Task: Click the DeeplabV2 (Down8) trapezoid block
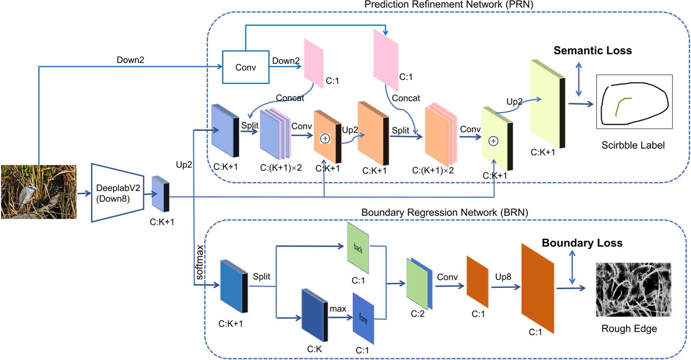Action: click(x=117, y=193)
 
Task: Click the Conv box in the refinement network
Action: click(x=245, y=67)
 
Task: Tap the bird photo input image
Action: click(x=39, y=192)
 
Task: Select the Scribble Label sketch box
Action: click(x=634, y=102)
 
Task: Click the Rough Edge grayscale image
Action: click(x=633, y=289)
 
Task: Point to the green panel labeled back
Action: click(x=358, y=248)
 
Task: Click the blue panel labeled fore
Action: click(x=363, y=319)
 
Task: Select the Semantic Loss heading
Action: click(x=592, y=51)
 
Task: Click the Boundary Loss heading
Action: click(x=582, y=243)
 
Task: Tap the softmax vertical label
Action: click(x=200, y=262)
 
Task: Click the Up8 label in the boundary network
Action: click(x=503, y=277)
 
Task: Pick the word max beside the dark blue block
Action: click(x=338, y=309)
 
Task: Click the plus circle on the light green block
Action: click(x=493, y=141)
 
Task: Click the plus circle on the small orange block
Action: click(x=325, y=139)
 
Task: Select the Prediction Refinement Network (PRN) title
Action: click(x=449, y=4)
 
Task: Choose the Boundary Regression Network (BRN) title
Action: click(x=444, y=212)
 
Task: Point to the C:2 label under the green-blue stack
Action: click(x=417, y=314)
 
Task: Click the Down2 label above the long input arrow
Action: click(x=130, y=60)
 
